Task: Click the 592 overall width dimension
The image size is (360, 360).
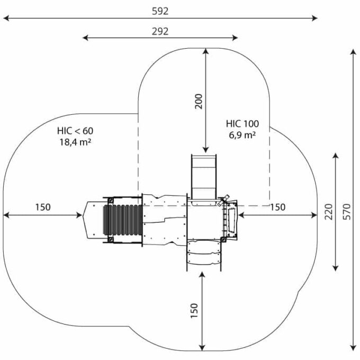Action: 160,11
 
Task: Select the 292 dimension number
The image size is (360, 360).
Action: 160,31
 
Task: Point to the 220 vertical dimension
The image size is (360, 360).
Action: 329,211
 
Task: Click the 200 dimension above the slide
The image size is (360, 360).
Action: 199,101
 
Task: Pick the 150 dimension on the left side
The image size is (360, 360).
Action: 43,207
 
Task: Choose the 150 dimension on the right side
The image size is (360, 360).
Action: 277,207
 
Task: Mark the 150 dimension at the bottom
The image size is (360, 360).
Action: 194,311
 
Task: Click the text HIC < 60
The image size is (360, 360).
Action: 75,131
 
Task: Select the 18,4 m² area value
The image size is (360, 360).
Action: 75,142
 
